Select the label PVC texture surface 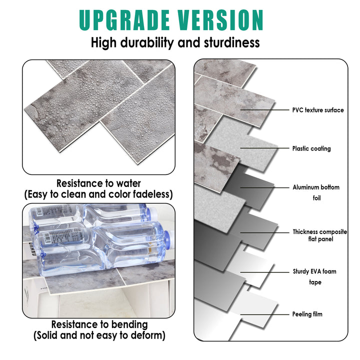[x=318, y=110]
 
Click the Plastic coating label [x=311, y=148]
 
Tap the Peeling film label [x=307, y=314]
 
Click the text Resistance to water [x=98, y=183]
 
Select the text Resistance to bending [x=99, y=324]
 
